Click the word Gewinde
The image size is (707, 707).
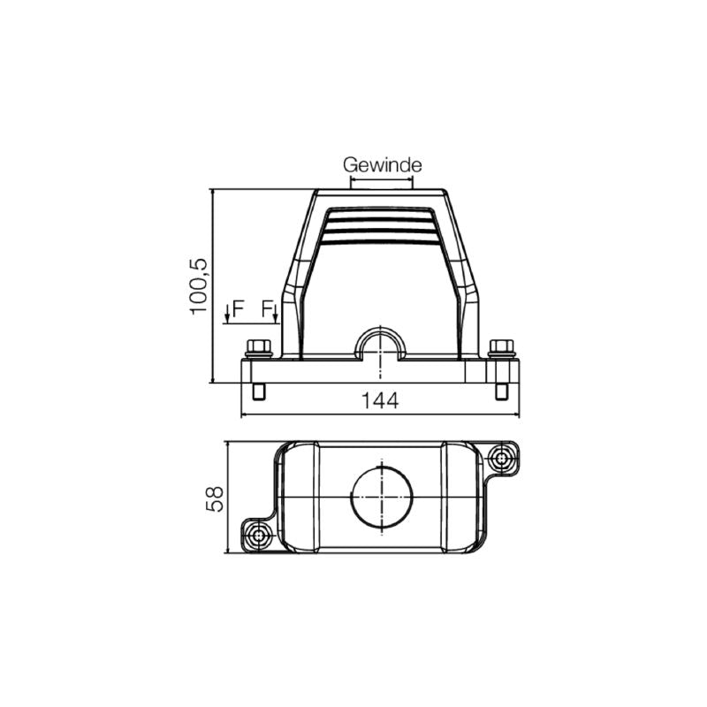coord(382,165)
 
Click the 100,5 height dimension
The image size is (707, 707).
coord(199,285)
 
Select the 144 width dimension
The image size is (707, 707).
coord(380,400)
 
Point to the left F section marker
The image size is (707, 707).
coord(234,308)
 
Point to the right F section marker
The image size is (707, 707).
coord(270,308)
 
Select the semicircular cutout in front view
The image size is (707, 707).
coord(380,345)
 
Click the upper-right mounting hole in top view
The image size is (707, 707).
coord(501,459)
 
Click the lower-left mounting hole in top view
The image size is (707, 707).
coord(259,536)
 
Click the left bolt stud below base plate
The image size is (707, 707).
coord(258,392)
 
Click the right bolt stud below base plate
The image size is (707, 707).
coord(502,392)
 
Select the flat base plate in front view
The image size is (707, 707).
coord(380,371)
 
